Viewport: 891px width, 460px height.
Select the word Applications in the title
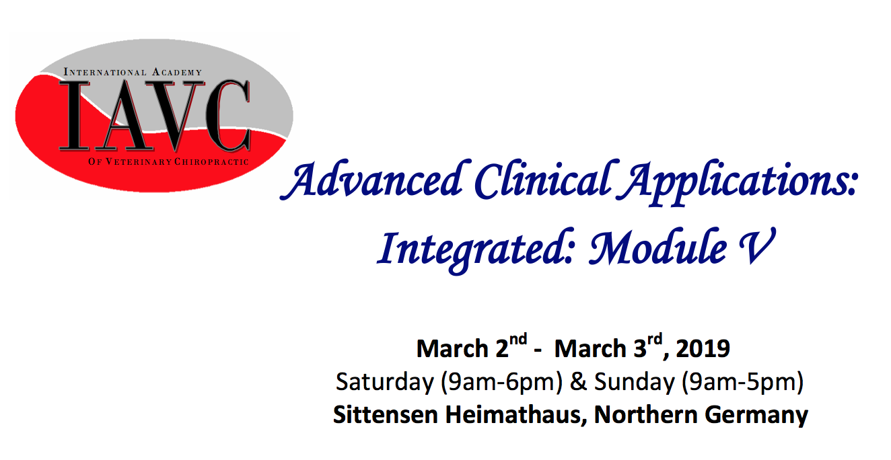click(738, 183)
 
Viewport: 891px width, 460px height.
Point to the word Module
click(658, 247)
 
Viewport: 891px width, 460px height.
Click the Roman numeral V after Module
click(757, 247)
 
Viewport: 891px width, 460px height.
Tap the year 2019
click(703, 348)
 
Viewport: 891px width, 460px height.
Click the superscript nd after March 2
click(518, 340)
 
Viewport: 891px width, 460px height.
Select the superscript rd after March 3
click(655, 340)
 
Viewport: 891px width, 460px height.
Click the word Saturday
click(385, 383)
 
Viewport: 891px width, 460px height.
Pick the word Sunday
click(635, 383)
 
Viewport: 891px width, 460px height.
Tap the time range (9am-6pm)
click(501, 383)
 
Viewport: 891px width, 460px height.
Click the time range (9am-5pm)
click(743, 383)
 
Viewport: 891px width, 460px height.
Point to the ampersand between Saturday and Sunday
click(579, 382)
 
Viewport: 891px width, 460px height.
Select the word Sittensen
click(385, 415)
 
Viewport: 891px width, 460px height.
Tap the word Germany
click(756, 416)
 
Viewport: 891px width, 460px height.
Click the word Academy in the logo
click(177, 72)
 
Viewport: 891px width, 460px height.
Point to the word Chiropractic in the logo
click(211, 162)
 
